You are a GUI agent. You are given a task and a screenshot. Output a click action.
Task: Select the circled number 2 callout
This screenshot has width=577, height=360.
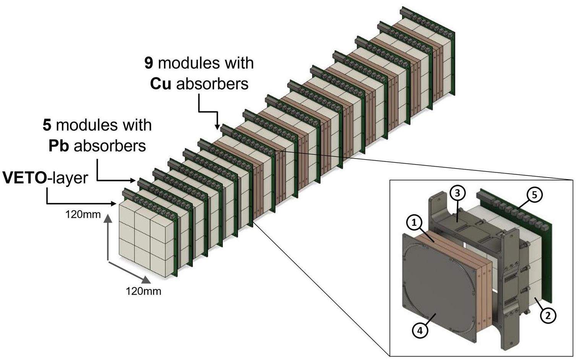click(548, 315)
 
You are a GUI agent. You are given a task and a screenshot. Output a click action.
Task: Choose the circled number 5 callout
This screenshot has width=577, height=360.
click(534, 195)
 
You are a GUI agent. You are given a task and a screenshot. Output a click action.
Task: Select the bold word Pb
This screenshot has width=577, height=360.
click(58, 146)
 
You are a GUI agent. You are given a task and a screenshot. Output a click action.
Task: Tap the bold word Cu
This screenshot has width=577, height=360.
click(160, 84)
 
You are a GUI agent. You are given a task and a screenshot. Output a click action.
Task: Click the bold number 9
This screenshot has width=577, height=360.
click(149, 63)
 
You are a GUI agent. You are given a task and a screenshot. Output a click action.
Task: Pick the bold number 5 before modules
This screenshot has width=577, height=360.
click(47, 125)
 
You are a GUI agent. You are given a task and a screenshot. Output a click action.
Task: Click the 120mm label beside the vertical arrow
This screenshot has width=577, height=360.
click(83, 214)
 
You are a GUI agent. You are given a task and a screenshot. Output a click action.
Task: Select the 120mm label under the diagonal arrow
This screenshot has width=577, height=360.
click(143, 291)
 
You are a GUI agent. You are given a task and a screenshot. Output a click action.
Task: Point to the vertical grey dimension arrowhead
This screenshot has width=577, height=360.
click(108, 218)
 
